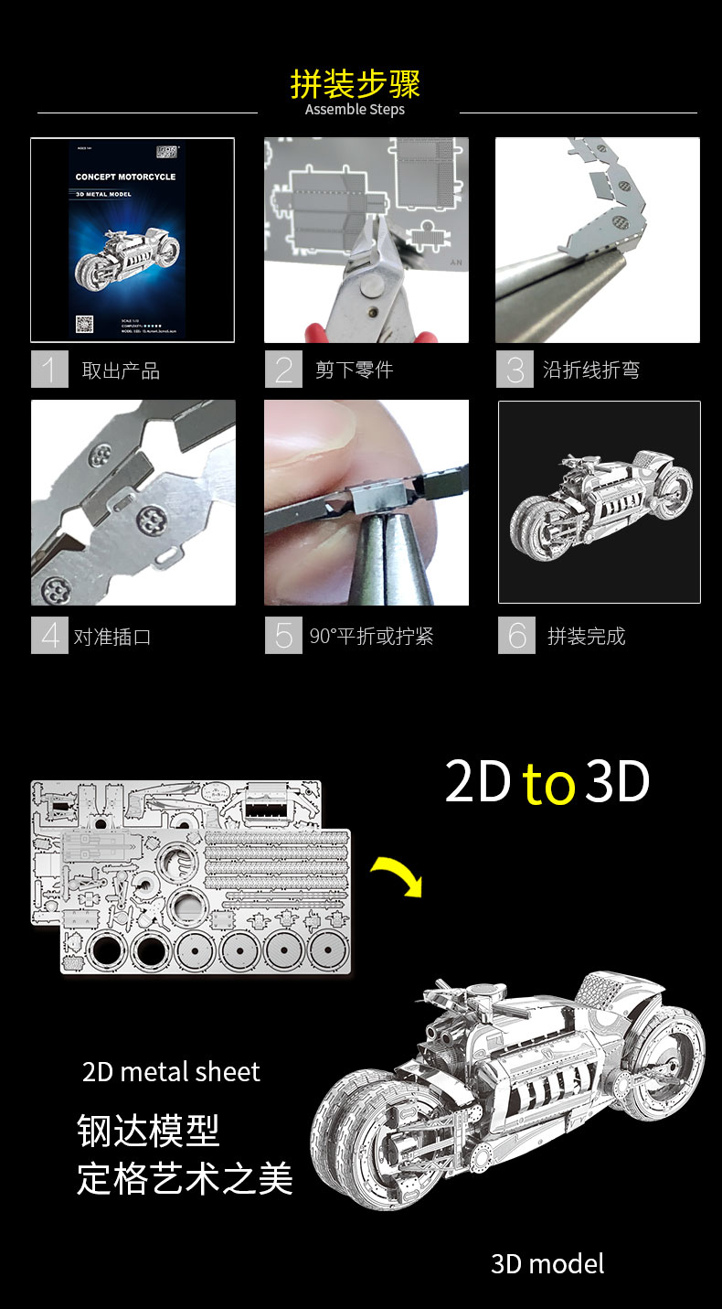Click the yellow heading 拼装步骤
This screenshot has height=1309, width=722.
point(355,83)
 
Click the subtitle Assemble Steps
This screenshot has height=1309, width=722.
point(355,110)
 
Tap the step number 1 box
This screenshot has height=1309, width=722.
point(49,370)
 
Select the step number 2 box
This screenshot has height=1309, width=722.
point(283,370)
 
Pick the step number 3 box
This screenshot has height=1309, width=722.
point(515,370)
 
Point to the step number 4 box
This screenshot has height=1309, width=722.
point(49,636)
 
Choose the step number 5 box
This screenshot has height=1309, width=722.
point(283,636)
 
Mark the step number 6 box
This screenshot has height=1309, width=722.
point(516,636)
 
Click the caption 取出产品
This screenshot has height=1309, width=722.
point(121,370)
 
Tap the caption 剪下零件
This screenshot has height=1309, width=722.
point(354,370)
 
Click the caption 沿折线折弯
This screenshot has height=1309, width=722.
point(591,370)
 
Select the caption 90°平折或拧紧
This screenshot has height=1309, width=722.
point(371,637)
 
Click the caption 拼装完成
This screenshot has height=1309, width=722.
point(586,637)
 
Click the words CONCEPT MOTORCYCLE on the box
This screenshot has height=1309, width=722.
point(125,177)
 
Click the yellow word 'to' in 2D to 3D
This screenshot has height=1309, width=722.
point(548,785)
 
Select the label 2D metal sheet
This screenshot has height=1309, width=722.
point(171,1071)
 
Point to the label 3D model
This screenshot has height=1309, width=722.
point(547,1263)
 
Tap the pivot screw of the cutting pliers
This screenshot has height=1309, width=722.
point(370,290)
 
